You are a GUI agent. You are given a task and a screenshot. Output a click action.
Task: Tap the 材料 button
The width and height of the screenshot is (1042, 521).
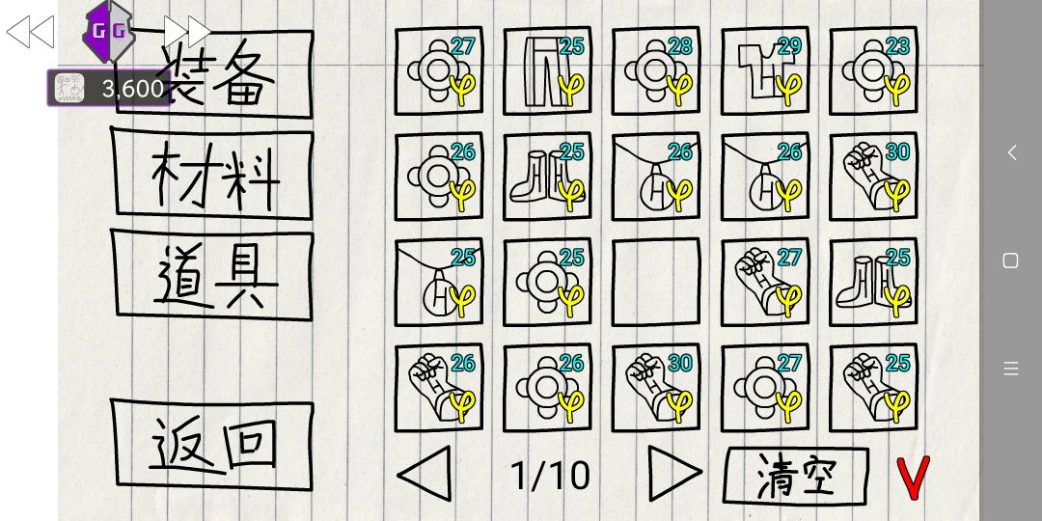[212, 174]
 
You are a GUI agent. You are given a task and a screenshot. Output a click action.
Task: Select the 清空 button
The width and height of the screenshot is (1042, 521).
[795, 475]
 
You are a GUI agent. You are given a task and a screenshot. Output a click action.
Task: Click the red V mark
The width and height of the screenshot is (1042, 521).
[913, 478]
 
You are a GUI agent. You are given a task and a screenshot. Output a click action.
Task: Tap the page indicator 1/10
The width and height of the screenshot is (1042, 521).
[550, 476]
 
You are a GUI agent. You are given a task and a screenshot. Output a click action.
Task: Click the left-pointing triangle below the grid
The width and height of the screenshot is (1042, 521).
[425, 473]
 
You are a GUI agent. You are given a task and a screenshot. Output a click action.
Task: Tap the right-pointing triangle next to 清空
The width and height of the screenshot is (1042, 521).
[674, 473]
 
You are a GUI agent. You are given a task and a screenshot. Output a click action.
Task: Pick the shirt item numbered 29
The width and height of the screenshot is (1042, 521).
[765, 71]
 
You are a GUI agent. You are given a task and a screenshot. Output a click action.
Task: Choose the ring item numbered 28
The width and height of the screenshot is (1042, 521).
[656, 71]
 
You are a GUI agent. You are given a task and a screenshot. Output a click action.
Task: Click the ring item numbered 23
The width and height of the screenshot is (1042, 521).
[874, 71]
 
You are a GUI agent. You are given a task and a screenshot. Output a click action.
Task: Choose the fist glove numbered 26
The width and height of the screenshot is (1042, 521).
[439, 388]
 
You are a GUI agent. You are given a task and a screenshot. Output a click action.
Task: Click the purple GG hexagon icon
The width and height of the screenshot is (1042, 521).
[108, 31]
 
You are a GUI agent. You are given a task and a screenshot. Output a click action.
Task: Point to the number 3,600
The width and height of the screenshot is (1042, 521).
[133, 89]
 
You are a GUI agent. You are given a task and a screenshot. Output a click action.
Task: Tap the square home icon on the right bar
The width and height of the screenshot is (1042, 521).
[1010, 260]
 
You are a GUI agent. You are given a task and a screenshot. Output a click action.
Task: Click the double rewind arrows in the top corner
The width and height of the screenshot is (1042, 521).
[31, 32]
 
